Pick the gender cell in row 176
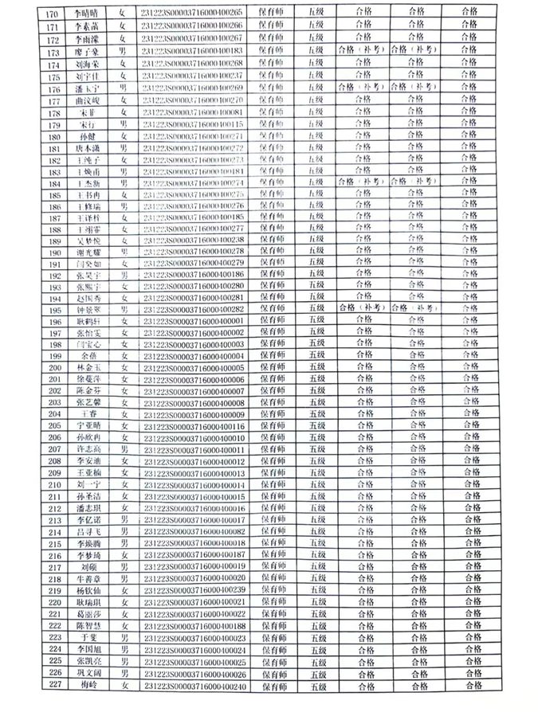(123, 87)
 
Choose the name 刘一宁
(87, 484)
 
